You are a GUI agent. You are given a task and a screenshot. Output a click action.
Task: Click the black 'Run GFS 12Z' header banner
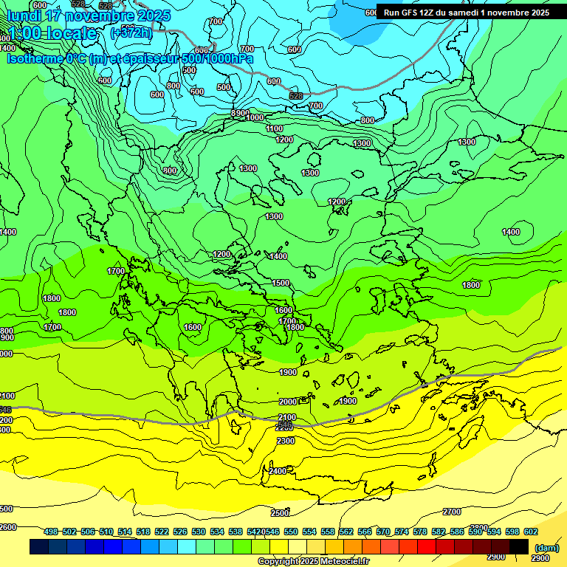point(467,12)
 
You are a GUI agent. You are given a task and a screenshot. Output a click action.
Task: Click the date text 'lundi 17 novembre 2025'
point(89,16)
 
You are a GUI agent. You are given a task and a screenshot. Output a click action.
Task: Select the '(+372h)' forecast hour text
point(131,32)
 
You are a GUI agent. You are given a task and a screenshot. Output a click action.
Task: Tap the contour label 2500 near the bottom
point(280,513)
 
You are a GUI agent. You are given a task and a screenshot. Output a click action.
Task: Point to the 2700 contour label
point(452,512)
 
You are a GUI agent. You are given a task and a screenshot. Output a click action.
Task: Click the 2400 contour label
point(278,471)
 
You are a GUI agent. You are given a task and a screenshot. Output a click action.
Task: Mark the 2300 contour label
point(285,441)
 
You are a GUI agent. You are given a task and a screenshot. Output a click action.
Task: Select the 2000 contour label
point(288,402)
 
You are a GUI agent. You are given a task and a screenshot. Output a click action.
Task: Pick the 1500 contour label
point(281,283)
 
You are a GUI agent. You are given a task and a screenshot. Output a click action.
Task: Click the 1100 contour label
point(274,128)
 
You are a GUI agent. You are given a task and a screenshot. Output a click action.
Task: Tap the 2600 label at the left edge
point(7,527)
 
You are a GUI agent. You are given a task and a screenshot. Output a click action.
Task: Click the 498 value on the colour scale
point(51,532)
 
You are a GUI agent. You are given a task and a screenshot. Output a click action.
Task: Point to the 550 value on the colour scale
point(291,532)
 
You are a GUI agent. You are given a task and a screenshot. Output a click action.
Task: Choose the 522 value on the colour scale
point(162,532)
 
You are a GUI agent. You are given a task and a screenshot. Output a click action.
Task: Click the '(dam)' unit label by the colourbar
point(546,547)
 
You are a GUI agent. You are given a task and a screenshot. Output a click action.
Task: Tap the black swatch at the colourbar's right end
point(519,546)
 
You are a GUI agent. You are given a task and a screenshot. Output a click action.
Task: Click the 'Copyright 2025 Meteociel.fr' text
point(314,562)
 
